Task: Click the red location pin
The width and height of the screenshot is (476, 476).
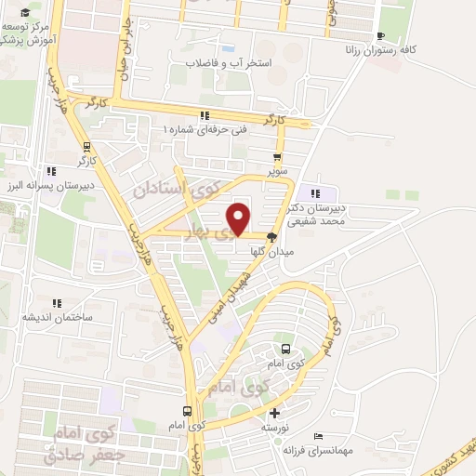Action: (239, 218)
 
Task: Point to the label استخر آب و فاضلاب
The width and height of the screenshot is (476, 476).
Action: (228, 63)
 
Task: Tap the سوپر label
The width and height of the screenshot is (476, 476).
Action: (278, 172)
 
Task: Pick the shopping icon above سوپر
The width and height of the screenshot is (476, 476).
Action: (276, 157)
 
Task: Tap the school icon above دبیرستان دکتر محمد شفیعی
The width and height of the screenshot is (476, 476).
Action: (319, 192)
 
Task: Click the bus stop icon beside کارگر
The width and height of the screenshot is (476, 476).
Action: (87, 146)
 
